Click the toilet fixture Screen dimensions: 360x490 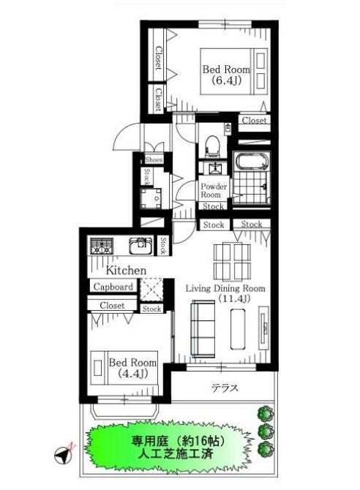[x=212, y=146]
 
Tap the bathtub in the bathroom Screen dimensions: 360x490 [x=252, y=161]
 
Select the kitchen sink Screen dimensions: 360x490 [x=140, y=246]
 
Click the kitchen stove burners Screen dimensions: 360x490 [x=102, y=246]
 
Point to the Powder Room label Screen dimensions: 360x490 [x=214, y=190]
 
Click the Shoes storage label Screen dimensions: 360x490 [x=154, y=159]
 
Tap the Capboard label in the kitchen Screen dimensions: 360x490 [x=113, y=287]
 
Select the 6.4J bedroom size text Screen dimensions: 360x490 [x=226, y=80]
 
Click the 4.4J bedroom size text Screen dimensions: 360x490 [x=133, y=373]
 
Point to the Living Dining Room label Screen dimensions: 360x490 [x=225, y=288]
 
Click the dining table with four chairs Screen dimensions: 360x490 [x=232, y=262]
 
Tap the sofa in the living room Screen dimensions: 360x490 [x=203, y=329]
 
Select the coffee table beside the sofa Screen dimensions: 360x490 [x=238, y=329]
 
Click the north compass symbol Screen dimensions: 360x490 [x=64, y=453]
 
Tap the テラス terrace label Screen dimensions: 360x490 [x=225, y=388]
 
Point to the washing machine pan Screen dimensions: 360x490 [x=151, y=198]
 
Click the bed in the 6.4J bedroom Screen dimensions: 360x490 [x=234, y=71]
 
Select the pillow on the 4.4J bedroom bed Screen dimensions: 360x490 [x=98, y=368]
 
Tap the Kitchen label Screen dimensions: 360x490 [x=126, y=271]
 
